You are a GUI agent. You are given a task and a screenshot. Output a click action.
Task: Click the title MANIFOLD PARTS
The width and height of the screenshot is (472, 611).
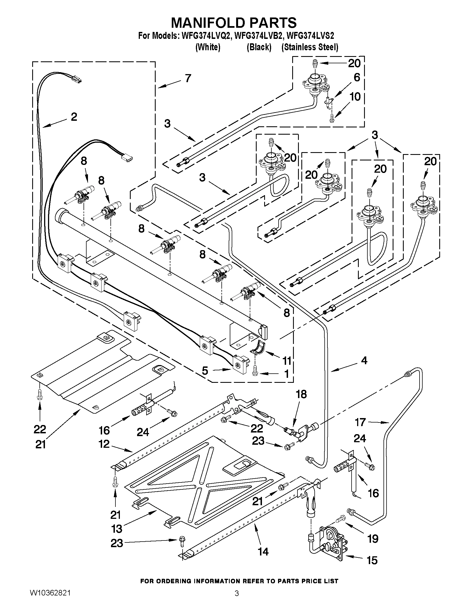point(233,22)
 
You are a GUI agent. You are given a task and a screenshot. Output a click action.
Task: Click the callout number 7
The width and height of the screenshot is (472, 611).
point(188,78)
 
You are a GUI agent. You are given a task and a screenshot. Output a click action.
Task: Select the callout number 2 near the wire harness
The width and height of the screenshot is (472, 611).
point(74,117)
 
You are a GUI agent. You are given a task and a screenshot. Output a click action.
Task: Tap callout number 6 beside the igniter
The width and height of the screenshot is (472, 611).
point(357,77)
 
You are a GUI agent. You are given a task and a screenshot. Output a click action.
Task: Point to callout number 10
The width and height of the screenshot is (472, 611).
point(355,97)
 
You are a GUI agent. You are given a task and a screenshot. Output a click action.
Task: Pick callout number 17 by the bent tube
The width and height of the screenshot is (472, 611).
point(360,422)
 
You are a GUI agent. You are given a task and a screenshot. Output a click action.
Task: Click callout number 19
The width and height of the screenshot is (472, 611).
point(373,539)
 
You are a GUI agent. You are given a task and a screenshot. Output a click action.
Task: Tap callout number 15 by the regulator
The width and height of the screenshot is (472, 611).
point(372,560)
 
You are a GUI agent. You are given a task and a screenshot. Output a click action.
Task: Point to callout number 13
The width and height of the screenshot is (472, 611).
point(117,529)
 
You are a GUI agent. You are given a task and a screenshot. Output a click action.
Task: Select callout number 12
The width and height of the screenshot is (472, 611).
point(104,444)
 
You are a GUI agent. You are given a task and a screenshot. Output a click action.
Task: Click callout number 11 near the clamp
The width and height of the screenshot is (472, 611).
point(287,361)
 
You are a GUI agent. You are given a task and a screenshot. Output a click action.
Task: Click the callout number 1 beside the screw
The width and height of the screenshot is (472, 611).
point(287,374)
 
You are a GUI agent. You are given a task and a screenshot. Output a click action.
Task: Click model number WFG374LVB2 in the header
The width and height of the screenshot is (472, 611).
point(256,36)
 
